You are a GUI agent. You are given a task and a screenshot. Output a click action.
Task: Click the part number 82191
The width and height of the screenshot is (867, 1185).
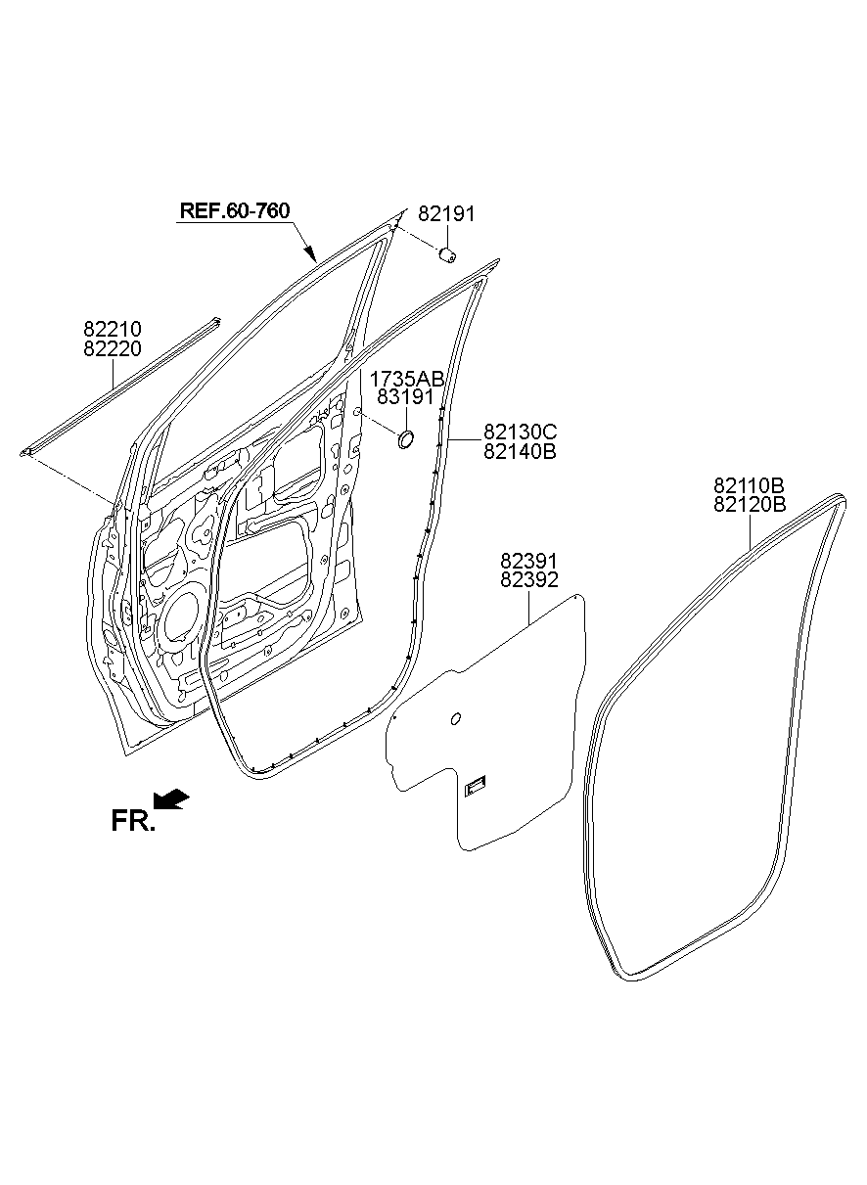[446, 214]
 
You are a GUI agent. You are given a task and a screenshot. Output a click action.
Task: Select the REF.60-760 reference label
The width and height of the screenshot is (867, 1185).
[235, 210]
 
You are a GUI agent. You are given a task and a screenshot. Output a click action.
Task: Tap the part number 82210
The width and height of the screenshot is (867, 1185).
[113, 329]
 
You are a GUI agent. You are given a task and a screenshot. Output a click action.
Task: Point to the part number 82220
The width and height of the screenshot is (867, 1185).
[113, 348]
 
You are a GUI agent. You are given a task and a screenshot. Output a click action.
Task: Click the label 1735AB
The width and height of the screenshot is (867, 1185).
[406, 379]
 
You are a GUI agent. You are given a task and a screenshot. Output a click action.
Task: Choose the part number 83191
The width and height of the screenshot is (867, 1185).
[405, 396]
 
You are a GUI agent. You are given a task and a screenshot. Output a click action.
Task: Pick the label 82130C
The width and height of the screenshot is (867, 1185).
[520, 433]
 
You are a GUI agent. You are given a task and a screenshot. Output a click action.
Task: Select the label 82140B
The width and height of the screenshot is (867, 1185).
[520, 452]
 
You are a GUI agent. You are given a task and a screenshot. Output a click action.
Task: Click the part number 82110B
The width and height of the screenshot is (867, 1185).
[750, 485]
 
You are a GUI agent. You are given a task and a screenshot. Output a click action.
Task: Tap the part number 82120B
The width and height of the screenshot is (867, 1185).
[750, 505]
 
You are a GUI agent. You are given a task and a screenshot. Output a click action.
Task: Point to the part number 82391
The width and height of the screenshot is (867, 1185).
[529, 561]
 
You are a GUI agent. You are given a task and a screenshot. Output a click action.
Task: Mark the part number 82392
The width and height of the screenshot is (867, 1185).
[529, 580]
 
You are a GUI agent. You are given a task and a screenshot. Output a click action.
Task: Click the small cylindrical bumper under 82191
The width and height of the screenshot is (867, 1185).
[448, 255]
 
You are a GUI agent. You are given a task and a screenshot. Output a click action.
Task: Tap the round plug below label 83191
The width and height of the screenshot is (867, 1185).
[405, 439]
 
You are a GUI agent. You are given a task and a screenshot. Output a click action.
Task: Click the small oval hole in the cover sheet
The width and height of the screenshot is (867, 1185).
[455, 718]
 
